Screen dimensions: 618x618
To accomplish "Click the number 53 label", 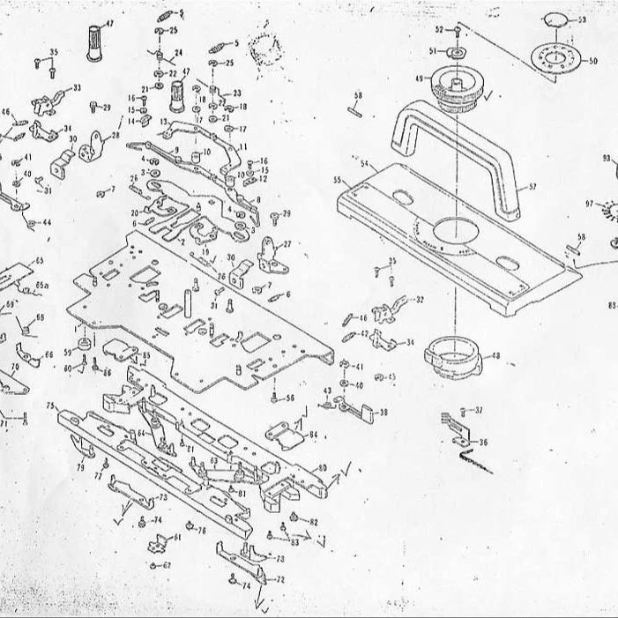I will coord(582,19).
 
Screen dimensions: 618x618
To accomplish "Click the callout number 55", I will coord(337,180).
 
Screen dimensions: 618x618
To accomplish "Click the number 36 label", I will coord(483,443).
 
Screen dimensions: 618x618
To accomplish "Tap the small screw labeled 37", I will coord(464,412).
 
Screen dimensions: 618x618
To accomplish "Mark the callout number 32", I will coord(420,300).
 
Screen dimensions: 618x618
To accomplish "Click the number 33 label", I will coord(77,88).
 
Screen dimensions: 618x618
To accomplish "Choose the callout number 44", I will coord(46,223).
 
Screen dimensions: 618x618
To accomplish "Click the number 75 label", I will coord(51,406).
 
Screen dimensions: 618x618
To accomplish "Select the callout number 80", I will coord(323,467).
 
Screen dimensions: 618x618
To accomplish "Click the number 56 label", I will coord(289,398).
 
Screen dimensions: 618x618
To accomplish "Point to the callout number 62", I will coord(168,565).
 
